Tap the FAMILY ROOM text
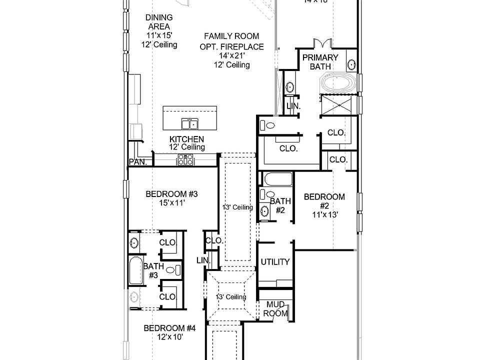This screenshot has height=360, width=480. click(x=231, y=36)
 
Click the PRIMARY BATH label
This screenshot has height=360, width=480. click(x=320, y=61)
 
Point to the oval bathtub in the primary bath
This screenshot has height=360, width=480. click(x=338, y=83)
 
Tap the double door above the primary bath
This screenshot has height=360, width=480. click(x=320, y=44)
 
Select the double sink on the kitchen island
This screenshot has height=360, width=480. click(x=189, y=123)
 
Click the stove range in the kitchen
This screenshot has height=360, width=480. click(x=185, y=159)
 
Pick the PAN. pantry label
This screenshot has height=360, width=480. click(x=137, y=162)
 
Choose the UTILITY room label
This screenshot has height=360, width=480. click(x=275, y=262)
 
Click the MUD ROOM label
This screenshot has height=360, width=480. click(x=275, y=308)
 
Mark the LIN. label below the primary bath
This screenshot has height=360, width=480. click(x=293, y=106)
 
